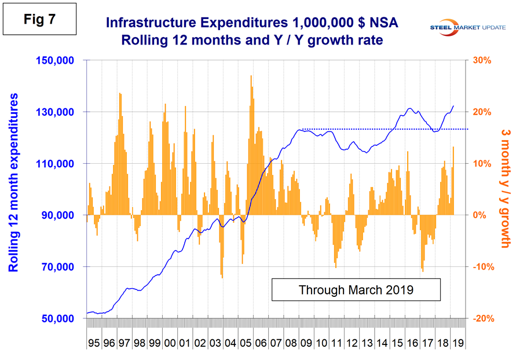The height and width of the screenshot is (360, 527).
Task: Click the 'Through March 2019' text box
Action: pyautogui.click(x=356, y=289)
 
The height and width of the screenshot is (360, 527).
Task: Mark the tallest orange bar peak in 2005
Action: pyautogui.click(x=251, y=77)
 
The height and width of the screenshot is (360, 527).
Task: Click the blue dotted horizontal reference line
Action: pyautogui.click(x=382, y=129)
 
